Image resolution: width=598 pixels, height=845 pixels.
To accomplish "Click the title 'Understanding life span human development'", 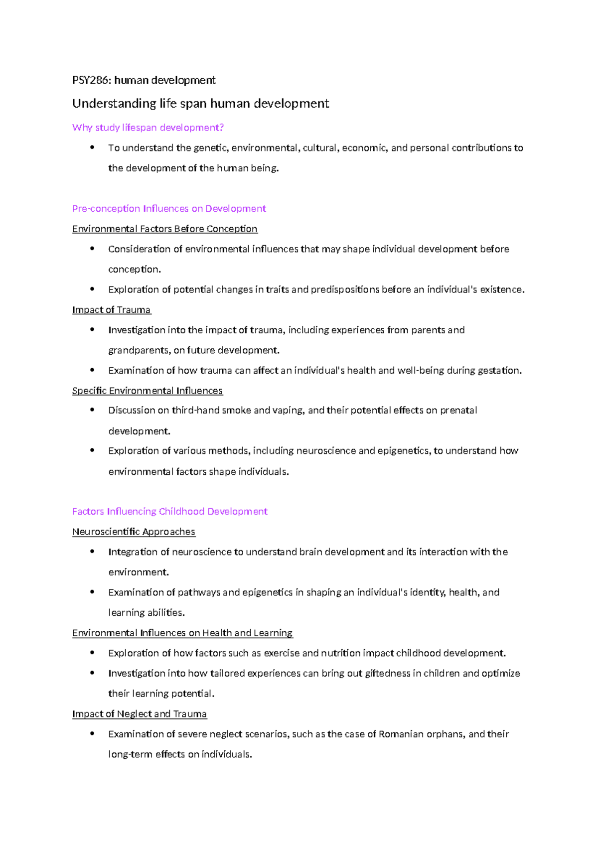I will pos(200,104).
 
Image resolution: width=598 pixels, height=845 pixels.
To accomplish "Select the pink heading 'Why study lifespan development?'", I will pos(148,128).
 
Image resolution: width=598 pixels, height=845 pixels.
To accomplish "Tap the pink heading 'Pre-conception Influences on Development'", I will pos(169,208).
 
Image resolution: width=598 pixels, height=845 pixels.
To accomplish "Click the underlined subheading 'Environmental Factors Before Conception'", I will pos(164,229).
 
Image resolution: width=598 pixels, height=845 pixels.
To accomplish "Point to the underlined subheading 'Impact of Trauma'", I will pos(111,310).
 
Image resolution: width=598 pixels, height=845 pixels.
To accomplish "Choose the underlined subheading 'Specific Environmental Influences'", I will pos(147,391).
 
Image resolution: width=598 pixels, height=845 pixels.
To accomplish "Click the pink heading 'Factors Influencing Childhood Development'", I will pos(169,511).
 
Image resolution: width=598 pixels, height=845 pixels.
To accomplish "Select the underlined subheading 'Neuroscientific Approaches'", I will pos(134,532).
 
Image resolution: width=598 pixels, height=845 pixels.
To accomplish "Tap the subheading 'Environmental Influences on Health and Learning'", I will pos(182,633).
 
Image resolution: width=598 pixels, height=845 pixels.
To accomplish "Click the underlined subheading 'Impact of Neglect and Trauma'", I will pos(139,714).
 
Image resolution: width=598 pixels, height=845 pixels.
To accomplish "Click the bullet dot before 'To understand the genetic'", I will pos(92,147).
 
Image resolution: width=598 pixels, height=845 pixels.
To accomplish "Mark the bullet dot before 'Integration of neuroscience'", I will pos(92,552).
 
